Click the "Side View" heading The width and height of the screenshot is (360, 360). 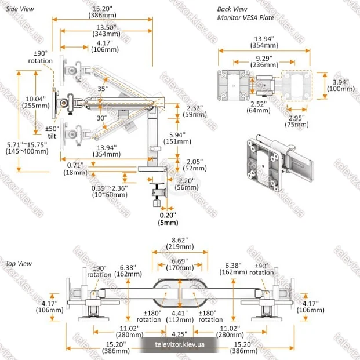click(20, 9)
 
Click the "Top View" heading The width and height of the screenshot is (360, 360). click(19, 264)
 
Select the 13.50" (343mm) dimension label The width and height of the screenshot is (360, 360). click(106, 31)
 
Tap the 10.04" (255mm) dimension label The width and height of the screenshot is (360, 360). click(35, 102)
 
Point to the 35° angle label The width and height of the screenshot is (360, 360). click(103, 89)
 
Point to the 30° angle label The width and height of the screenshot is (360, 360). click(101, 118)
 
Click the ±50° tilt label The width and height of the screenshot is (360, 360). click(52, 132)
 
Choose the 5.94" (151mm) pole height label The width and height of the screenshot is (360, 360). click(177, 138)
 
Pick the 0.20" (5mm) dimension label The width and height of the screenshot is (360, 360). click(168, 219)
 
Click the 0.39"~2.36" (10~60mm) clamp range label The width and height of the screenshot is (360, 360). click(110, 191)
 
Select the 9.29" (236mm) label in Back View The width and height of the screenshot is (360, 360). click(264, 61)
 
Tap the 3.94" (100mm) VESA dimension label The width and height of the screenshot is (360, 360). click(341, 85)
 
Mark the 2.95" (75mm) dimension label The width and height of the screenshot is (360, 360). click(297, 121)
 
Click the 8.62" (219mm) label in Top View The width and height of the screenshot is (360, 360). click(180, 243)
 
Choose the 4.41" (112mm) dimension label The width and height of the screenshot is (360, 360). click(180, 317)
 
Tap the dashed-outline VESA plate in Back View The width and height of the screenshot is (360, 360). click(297, 86)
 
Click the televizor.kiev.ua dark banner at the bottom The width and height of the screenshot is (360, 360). click(179, 344)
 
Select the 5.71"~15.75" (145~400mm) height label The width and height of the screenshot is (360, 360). click(27, 148)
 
